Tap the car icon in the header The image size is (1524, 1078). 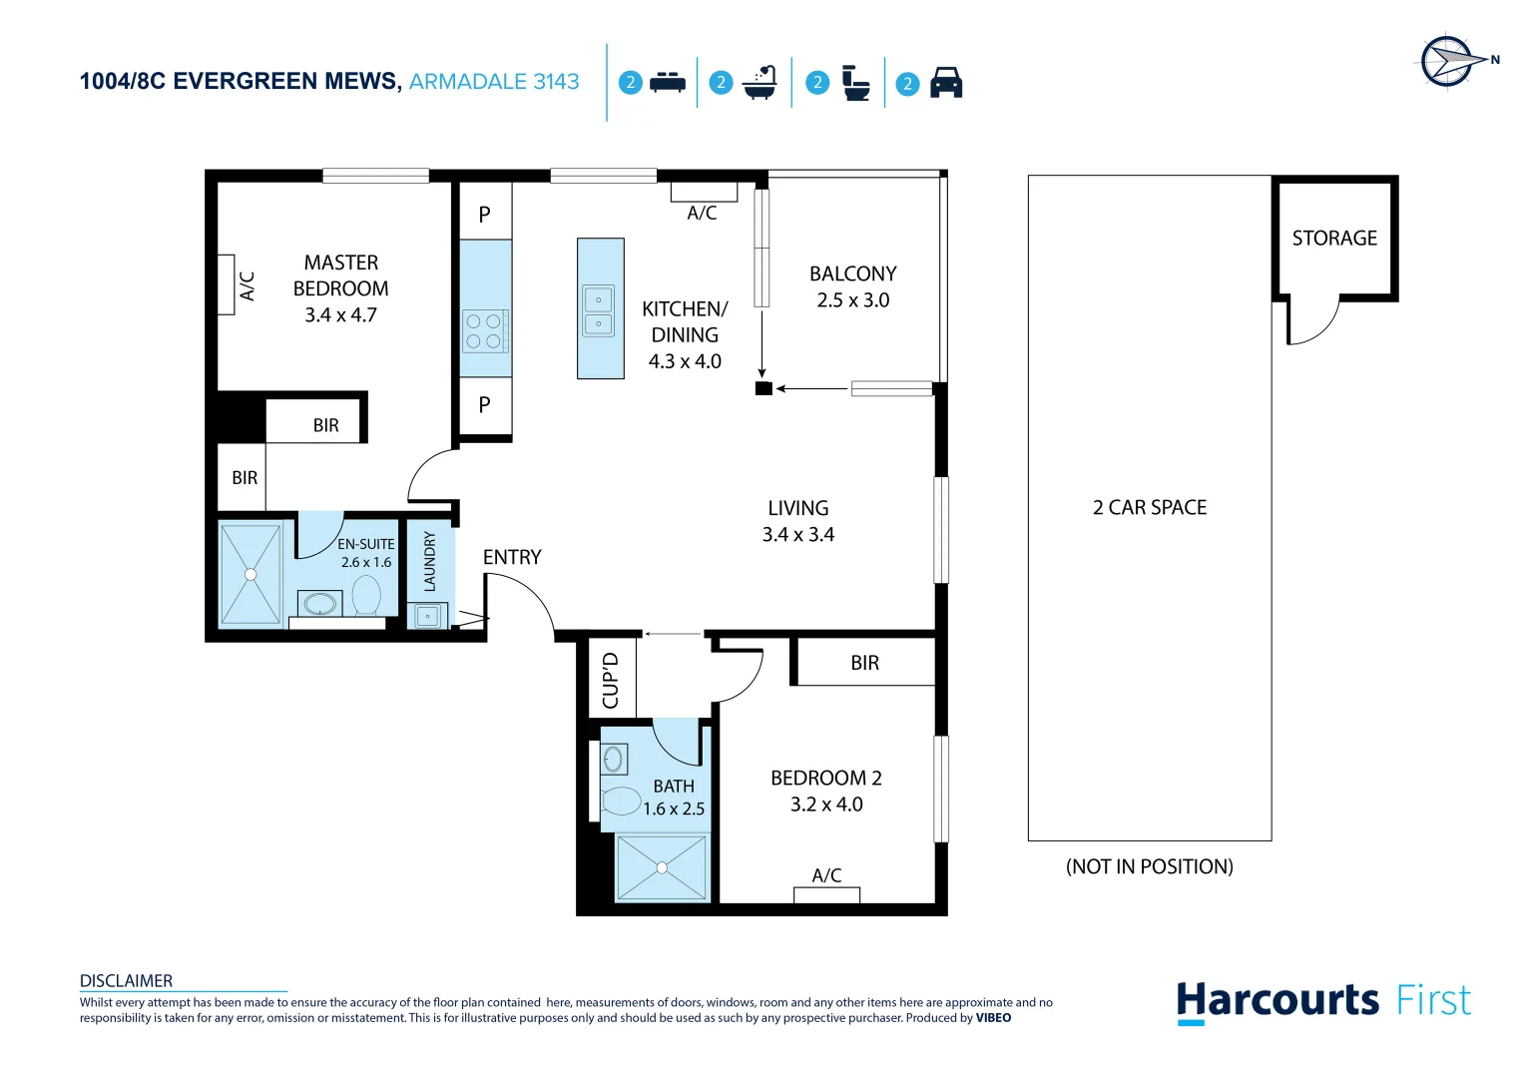(x=945, y=83)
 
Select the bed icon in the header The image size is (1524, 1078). (x=667, y=83)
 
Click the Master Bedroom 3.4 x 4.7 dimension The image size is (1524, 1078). (x=340, y=315)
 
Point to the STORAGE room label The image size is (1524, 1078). (x=1333, y=239)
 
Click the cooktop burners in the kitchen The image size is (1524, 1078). (x=484, y=331)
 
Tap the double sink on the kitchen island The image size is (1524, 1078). (x=599, y=310)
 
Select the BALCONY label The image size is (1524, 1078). (x=852, y=273)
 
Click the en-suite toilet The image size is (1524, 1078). (x=366, y=597)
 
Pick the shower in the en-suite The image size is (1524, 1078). (x=251, y=574)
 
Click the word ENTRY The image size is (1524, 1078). (x=512, y=557)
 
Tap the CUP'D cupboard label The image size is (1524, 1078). (x=611, y=679)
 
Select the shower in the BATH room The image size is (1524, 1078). (x=661, y=867)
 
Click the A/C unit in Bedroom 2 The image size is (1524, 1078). (x=826, y=894)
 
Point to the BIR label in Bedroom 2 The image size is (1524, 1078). (x=864, y=663)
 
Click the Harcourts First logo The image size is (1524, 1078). (x=1322, y=1000)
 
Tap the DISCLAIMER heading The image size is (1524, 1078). (x=126, y=980)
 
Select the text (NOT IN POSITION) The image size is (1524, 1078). (x=1149, y=866)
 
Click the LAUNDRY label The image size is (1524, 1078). (x=430, y=561)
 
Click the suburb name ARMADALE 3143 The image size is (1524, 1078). (x=494, y=82)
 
